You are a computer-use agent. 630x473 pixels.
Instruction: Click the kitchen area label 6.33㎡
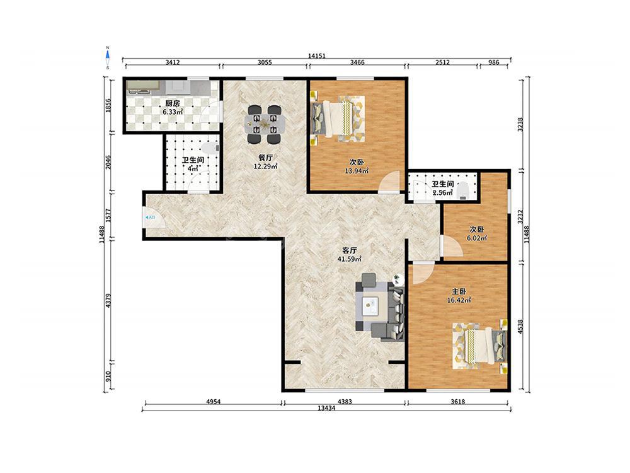(173, 112)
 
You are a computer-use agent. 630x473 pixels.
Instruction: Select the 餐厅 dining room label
(266, 157)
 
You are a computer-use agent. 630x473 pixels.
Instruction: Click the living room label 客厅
(349, 250)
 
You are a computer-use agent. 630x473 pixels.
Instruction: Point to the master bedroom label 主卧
(459, 291)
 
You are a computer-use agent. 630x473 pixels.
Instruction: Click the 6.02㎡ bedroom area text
(476, 238)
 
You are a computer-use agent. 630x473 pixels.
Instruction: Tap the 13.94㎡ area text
(357, 171)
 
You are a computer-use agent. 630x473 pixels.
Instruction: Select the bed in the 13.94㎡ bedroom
(338, 119)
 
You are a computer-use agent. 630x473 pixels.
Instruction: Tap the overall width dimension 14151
(317, 56)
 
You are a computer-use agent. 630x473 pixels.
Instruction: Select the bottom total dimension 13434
(326, 408)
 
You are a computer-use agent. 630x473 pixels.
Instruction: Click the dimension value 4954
(214, 401)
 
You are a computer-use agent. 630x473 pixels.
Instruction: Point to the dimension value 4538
(521, 327)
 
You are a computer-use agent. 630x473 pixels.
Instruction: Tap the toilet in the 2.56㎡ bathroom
(463, 190)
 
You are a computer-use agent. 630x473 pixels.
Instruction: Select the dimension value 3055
(265, 62)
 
